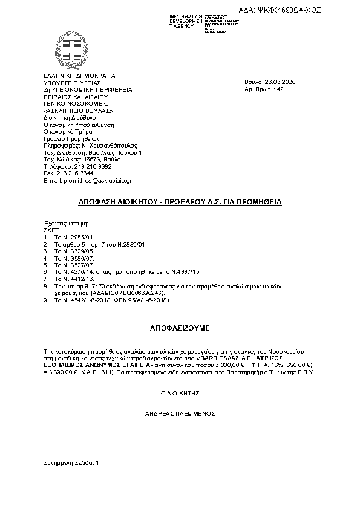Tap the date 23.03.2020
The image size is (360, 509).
click(x=280, y=82)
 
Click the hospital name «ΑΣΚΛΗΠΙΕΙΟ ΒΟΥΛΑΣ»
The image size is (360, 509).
click(x=78, y=110)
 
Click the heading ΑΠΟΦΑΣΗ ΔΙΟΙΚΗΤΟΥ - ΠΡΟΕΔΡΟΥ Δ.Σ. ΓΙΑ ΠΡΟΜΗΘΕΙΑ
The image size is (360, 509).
click(x=180, y=201)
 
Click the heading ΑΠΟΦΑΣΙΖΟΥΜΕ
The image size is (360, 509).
click(x=180, y=328)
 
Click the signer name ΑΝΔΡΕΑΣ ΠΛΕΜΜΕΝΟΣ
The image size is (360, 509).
click(x=180, y=414)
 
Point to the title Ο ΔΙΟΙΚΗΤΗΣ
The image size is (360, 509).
click(x=180, y=394)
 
